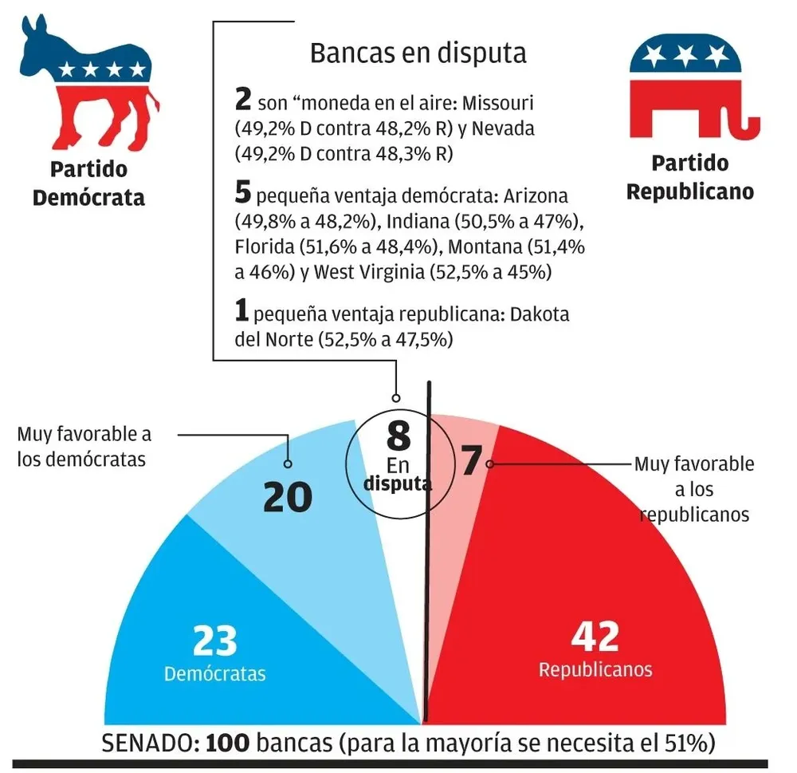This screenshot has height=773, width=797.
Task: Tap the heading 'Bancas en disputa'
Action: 418,53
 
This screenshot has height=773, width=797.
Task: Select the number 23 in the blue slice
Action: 215,640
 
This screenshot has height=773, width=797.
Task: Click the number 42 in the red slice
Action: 595,637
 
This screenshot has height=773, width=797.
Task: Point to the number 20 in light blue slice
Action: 287,497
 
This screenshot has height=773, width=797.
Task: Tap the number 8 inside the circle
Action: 398,436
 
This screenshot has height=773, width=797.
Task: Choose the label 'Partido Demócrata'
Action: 88,183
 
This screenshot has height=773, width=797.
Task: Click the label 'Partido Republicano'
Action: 690,177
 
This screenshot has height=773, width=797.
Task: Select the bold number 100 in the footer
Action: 229,743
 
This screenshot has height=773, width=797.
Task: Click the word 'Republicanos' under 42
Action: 595,668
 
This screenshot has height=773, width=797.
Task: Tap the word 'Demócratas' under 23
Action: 214,673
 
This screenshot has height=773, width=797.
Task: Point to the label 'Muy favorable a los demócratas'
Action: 84,448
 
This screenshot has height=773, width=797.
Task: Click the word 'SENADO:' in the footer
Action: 151,743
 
